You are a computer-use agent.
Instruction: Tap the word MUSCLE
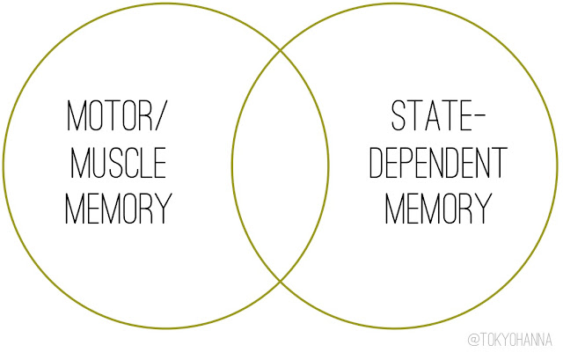118,164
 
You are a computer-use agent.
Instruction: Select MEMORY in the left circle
118,209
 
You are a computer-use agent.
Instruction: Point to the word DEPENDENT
438,164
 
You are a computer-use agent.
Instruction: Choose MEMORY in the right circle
438,209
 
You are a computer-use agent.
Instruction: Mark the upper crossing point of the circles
281,49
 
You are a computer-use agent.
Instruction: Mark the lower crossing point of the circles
281,281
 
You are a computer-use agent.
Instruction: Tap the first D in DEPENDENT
376,164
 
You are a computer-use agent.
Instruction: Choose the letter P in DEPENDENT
409,164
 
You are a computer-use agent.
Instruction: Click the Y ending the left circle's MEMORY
162,209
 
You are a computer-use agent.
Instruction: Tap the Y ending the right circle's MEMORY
482,209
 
